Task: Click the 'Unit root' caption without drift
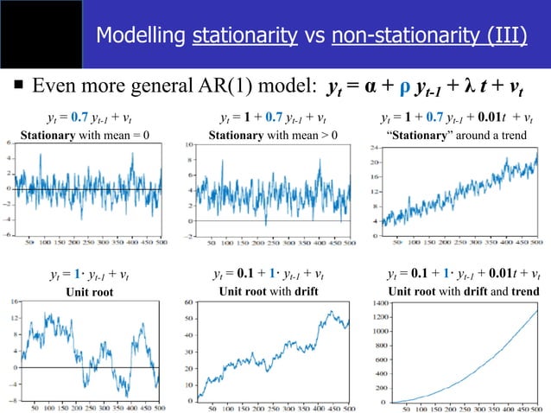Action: tap(89, 292)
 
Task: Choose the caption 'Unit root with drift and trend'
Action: tap(464, 292)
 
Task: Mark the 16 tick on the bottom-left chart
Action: tap(11, 302)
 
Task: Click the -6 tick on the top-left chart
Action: tap(8, 234)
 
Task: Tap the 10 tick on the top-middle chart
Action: tap(189, 145)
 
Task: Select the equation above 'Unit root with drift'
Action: tap(269, 276)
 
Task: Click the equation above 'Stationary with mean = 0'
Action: tap(89, 118)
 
